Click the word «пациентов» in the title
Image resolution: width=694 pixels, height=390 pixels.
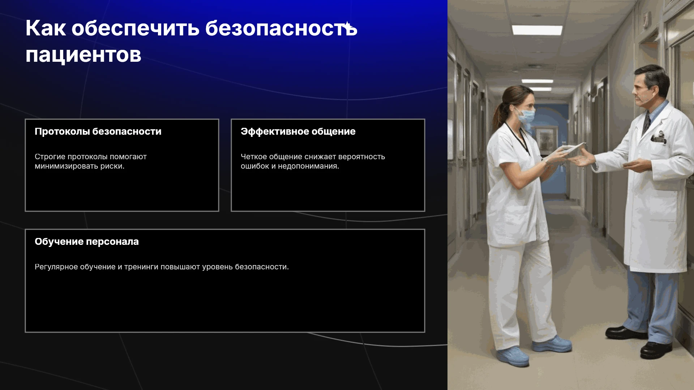[x=83, y=56]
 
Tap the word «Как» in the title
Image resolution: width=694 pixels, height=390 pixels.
[x=46, y=28]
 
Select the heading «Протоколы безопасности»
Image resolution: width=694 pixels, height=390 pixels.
[x=98, y=131]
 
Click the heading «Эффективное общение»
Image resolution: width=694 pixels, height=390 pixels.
[x=298, y=131]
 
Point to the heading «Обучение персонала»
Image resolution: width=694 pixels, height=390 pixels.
[x=87, y=242]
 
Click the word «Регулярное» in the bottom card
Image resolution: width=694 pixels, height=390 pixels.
[x=56, y=267]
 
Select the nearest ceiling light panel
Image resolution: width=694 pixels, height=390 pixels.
[x=537, y=30]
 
